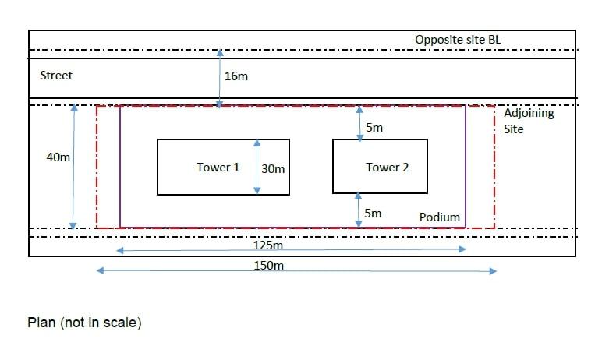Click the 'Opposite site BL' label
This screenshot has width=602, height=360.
462,40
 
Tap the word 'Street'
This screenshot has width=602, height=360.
56,76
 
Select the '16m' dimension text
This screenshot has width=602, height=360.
236,76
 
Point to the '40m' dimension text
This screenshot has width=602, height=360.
58,157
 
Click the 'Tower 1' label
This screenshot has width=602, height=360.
218,167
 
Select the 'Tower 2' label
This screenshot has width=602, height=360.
387,167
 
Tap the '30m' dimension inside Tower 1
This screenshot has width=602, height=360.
274,168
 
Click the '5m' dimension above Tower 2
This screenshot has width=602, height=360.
374,127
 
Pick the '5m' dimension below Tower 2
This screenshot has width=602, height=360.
374,213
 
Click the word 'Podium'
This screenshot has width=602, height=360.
440,217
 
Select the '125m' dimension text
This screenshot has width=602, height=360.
268,246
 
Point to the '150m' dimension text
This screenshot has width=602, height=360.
268,266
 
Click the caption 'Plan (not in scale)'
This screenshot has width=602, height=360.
84,322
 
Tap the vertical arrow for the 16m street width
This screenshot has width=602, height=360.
219,78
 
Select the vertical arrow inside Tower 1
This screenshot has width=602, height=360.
257,167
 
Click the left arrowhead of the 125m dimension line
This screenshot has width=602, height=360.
120,250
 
